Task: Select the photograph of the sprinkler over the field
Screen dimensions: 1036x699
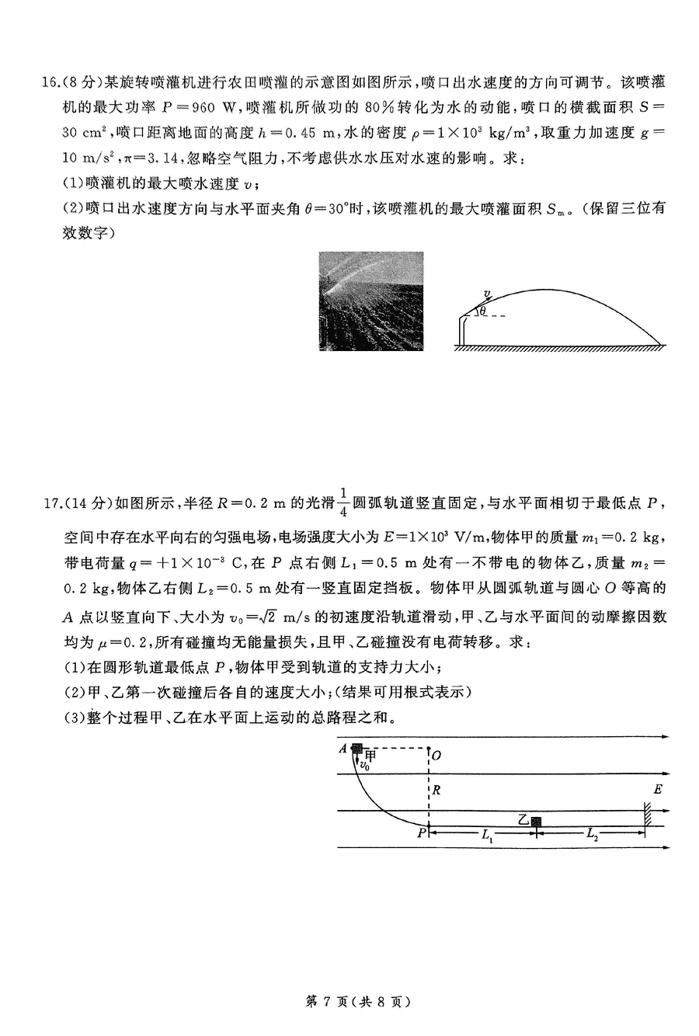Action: click(x=371, y=301)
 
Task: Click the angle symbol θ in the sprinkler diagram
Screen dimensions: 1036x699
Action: click(x=482, y=312)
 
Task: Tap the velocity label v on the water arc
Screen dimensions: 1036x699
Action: click(x=487, y=294)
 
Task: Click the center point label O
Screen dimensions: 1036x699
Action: click(x=437, y=755)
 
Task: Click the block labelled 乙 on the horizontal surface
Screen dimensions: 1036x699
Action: click(x=535, y=821)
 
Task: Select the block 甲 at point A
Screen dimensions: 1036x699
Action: click(x=356, y=749)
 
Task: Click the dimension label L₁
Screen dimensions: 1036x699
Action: click(x=487, y=836)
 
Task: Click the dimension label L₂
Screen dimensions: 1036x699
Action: click(x=592, y=836)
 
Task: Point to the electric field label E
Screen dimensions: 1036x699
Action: click(x=658, y=790)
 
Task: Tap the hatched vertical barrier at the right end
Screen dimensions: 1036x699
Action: click(x=646, y=819)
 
